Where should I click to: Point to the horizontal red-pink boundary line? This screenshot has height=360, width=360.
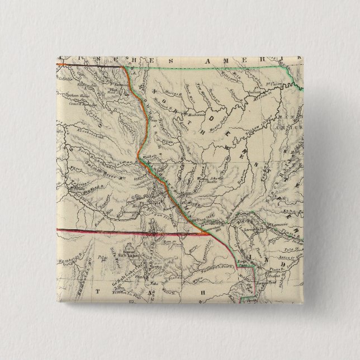(112, 231)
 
